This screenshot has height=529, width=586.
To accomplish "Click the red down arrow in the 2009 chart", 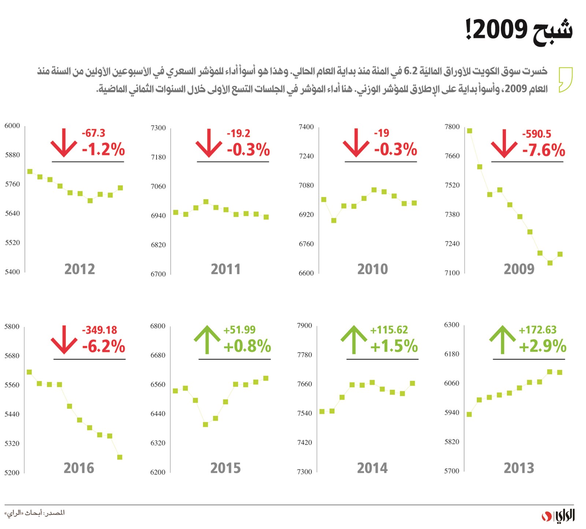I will point(504,144).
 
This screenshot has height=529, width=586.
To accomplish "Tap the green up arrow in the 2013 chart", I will point(502,340).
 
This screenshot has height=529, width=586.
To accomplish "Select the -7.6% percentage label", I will point(544,150).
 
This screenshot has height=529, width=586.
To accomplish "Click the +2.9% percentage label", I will point(542,346).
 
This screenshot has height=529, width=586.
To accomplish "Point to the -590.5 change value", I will point(536,134).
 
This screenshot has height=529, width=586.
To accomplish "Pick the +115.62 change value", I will point(389,330).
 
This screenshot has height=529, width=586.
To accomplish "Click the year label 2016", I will point(79,468).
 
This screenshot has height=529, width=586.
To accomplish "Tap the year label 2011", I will point(226,269).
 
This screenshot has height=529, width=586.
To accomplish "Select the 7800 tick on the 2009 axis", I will point(452,127).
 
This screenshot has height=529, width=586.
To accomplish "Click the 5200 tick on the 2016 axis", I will point(12,473).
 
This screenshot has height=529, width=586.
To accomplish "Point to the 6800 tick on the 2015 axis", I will point(158,326).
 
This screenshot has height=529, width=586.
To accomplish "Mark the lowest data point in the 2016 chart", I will point(119,457).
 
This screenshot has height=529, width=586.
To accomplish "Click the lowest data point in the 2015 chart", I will point(205,425).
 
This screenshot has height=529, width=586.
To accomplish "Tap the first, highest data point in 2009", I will point(470,131).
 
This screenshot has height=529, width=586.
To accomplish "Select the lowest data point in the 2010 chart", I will point(334,221).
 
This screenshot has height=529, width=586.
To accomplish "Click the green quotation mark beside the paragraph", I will point(565,79).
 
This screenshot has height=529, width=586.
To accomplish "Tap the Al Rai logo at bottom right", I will point(558,516).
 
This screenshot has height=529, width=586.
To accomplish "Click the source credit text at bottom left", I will point(35,513).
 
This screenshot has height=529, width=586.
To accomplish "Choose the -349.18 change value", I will point(99,330).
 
